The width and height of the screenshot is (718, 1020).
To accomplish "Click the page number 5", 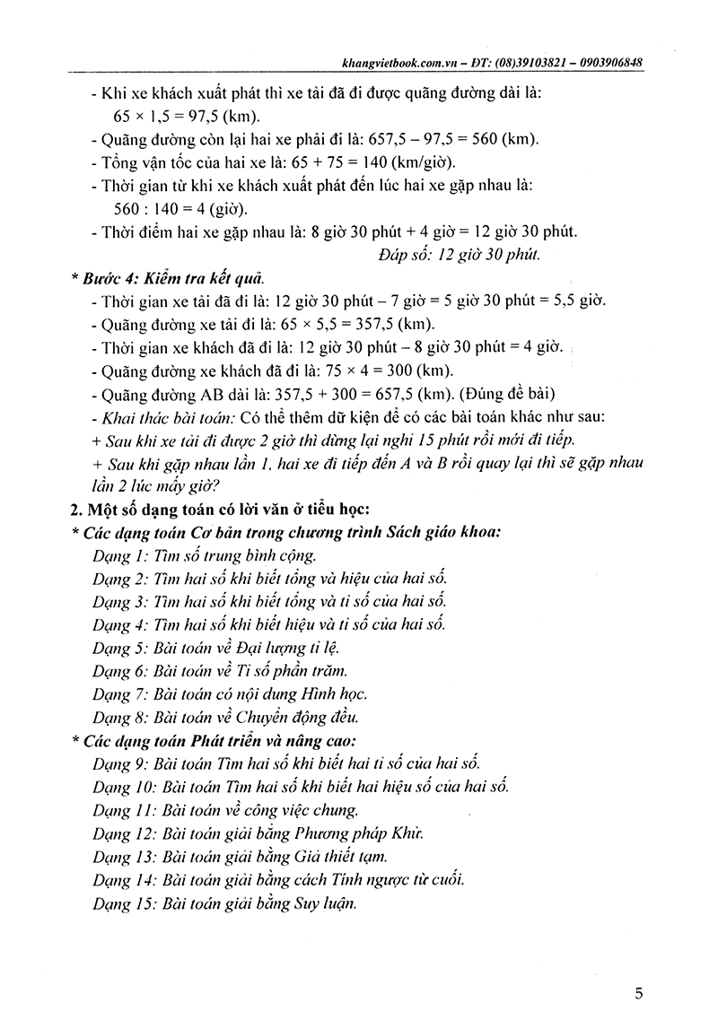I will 638,993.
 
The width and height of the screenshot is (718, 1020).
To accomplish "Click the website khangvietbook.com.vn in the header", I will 391,64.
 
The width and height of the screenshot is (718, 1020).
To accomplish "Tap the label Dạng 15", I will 122,903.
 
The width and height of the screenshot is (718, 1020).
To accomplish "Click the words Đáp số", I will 404,255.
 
